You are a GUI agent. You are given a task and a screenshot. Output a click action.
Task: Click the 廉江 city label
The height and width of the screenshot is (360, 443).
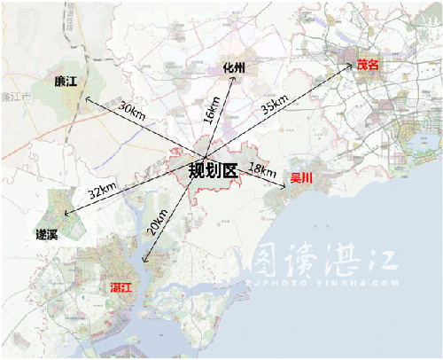pos(66,82)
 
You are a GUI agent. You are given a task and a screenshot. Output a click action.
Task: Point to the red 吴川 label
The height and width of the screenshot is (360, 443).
pos(302,178)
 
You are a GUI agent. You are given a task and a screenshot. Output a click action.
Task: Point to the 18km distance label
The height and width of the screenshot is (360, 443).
pos(261,168)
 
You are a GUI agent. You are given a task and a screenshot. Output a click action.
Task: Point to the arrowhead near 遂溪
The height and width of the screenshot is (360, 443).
pos(64,211)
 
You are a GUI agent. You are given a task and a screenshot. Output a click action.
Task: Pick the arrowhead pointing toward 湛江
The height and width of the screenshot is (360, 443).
pos(144,266)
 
